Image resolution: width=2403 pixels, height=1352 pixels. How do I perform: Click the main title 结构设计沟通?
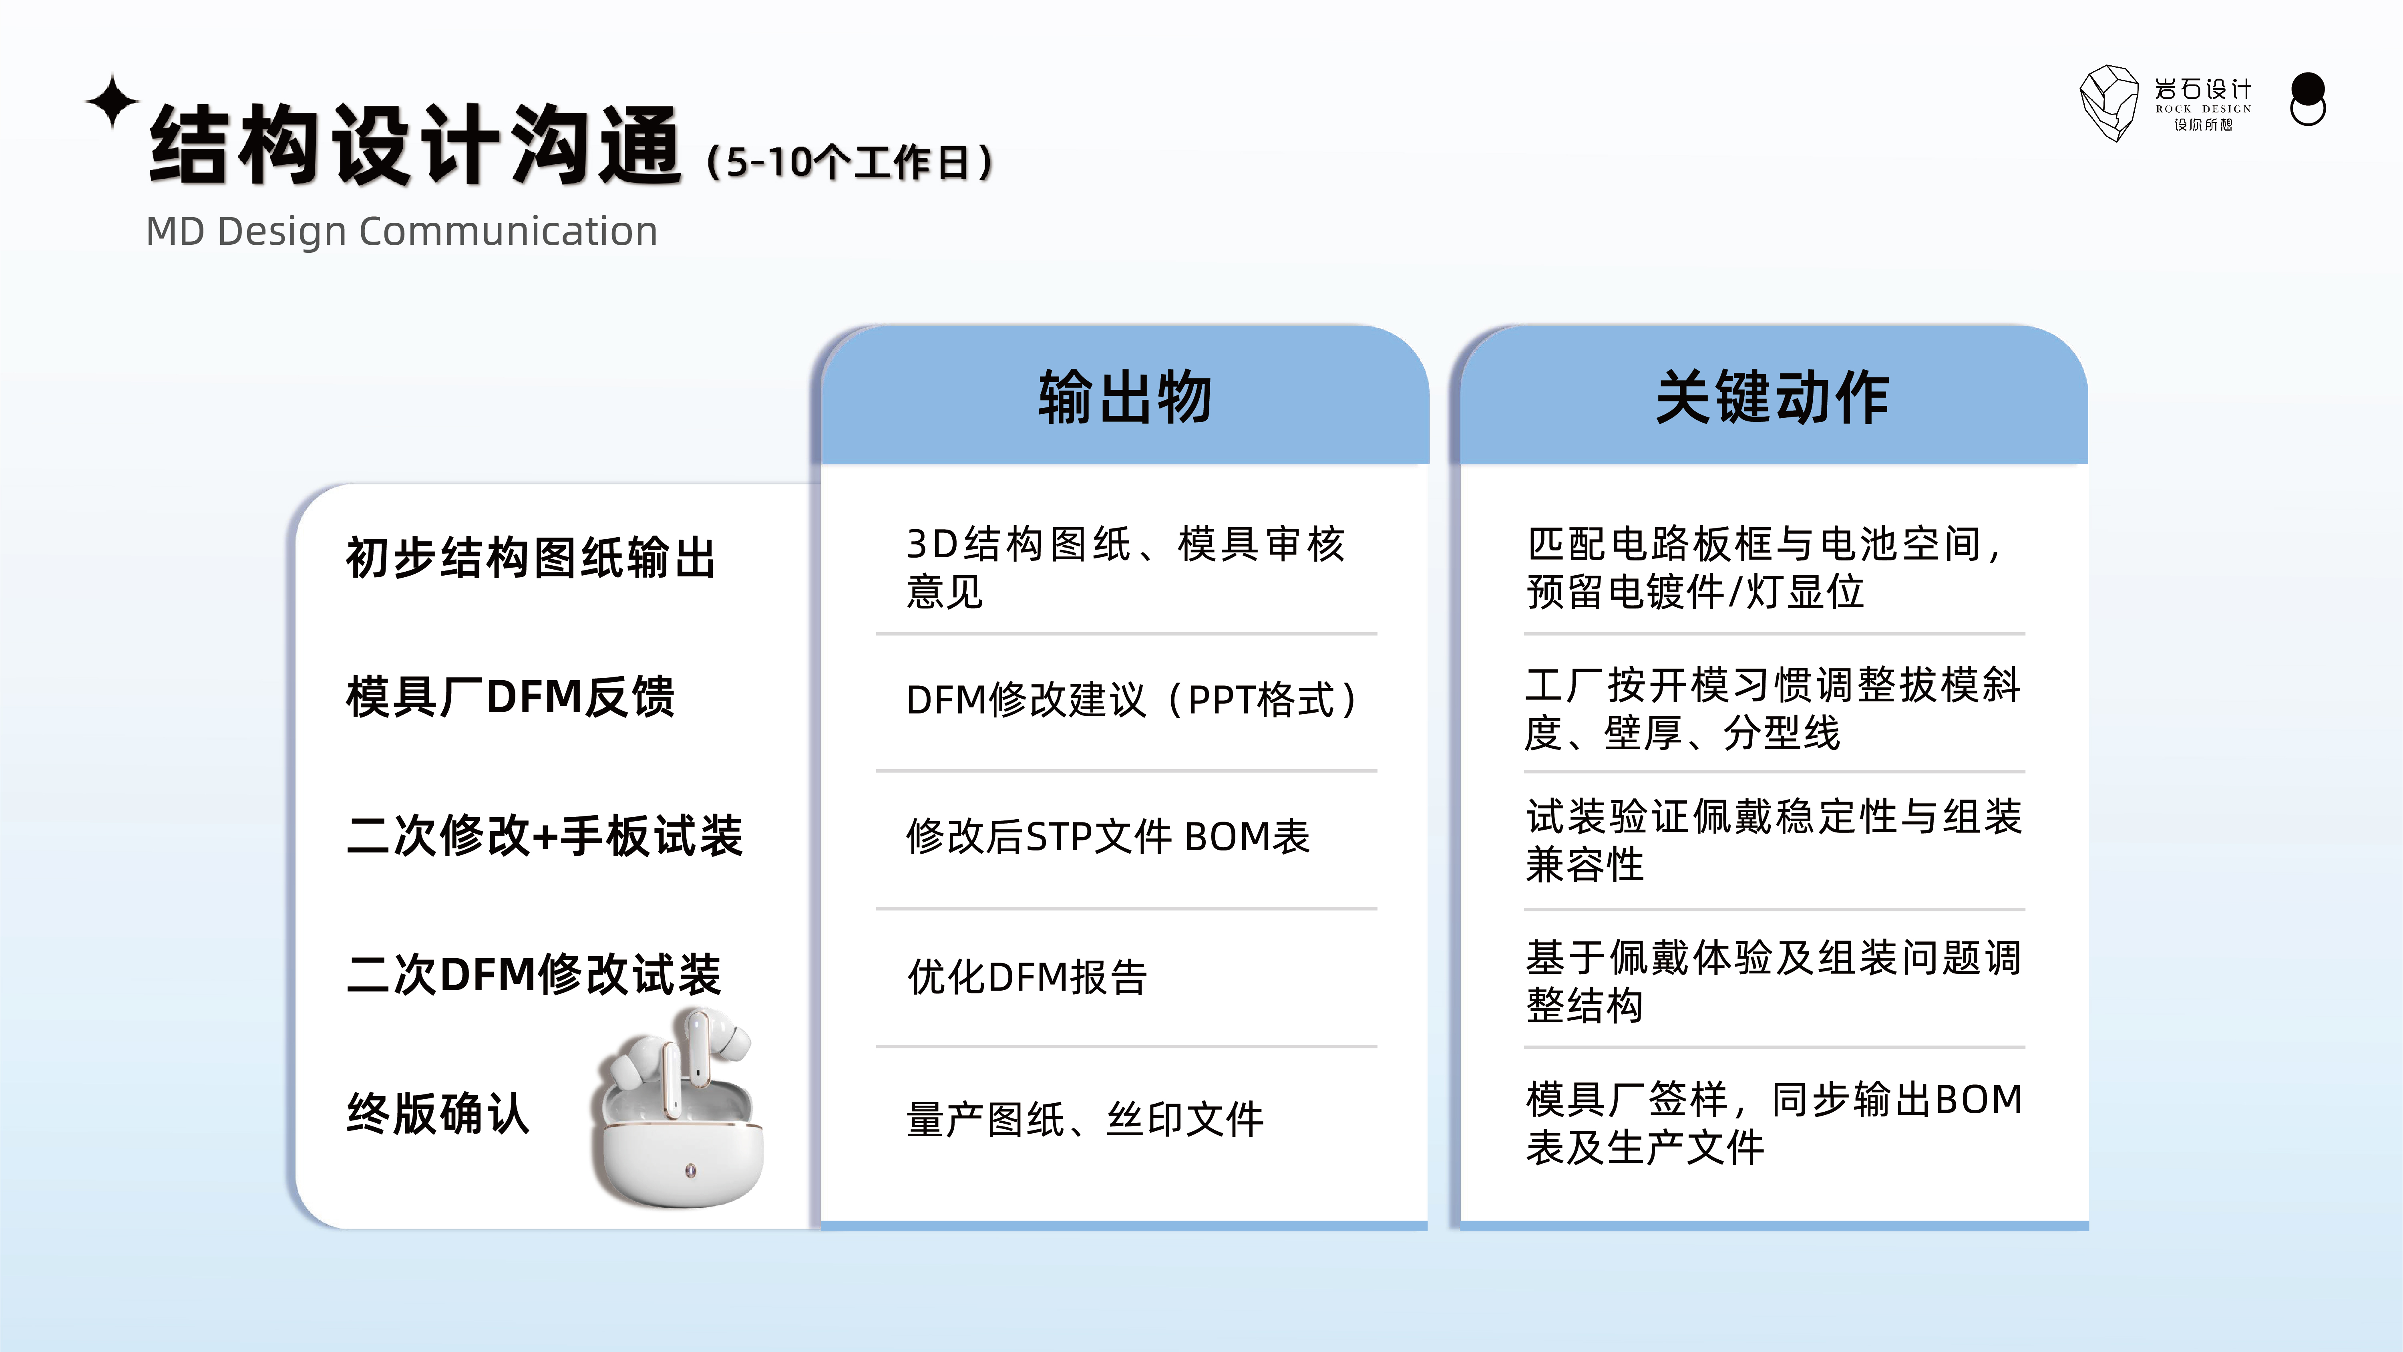pos(415,145)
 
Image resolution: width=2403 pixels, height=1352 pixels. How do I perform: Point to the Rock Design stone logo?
pos(2108,103)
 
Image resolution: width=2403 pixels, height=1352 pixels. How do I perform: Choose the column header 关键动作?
pos(1772,397)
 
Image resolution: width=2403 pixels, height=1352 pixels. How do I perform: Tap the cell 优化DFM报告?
pos(1027,977)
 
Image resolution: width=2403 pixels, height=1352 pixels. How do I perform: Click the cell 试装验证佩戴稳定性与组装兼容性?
pos(1772,840)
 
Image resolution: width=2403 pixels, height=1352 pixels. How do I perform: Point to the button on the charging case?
pos(690,1170)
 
